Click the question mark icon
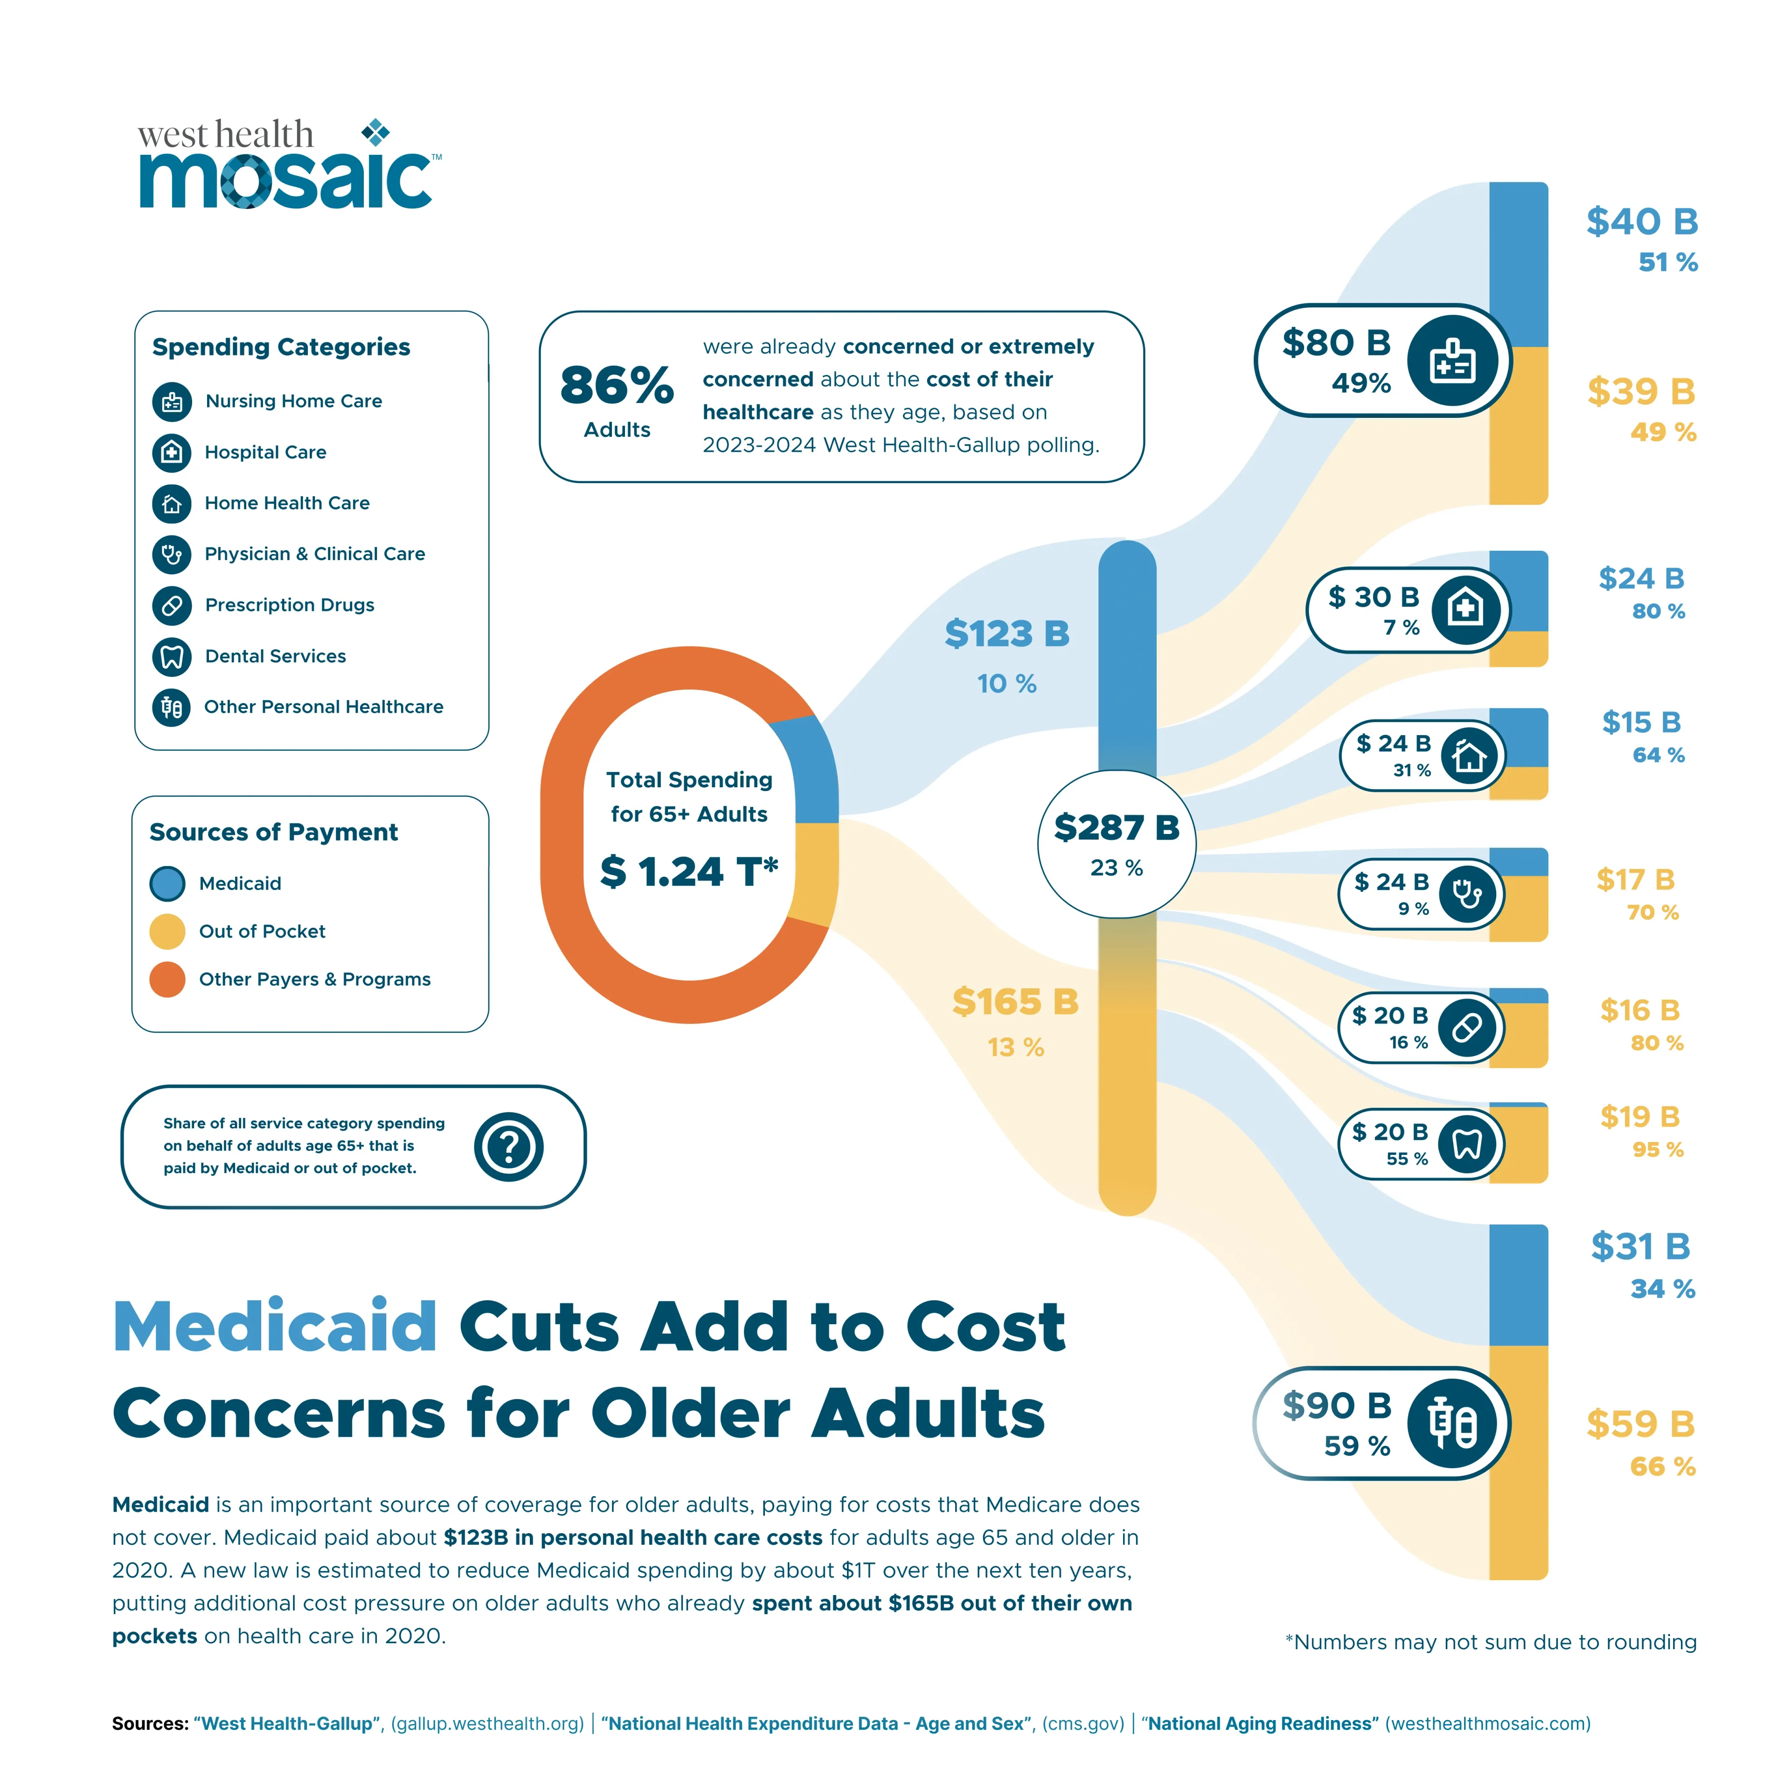pyautogui.click(x=508, y=1147)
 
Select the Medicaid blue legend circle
pyautogui.click(x=167, y=883)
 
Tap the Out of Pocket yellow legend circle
pyautogui.click(x=167, y=932)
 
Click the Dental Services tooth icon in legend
pyautogui.click(x=172, y=656)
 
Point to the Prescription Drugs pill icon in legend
pyautogui.click(x=172, y=605)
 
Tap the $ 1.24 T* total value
pyautogui.click(x=689, y=871)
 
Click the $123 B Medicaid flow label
pyautogui.click(x=1007, y=634)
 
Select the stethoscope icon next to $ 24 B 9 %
pyautogui.click(x=1466, y=895)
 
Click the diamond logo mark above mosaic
pyautogui.click(x=375, y=132)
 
